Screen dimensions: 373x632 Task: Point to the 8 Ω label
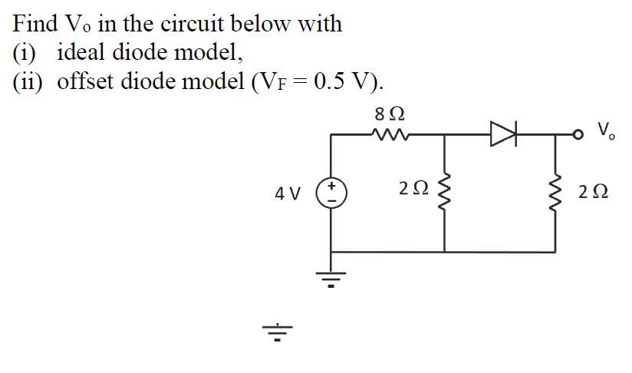coord(390,114)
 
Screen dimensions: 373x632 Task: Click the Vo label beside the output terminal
coord(605,130)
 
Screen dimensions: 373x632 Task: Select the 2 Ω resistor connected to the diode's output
coord(555,193)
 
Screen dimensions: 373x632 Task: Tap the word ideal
coord(83,53)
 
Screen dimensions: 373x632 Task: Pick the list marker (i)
coord(25,53)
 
